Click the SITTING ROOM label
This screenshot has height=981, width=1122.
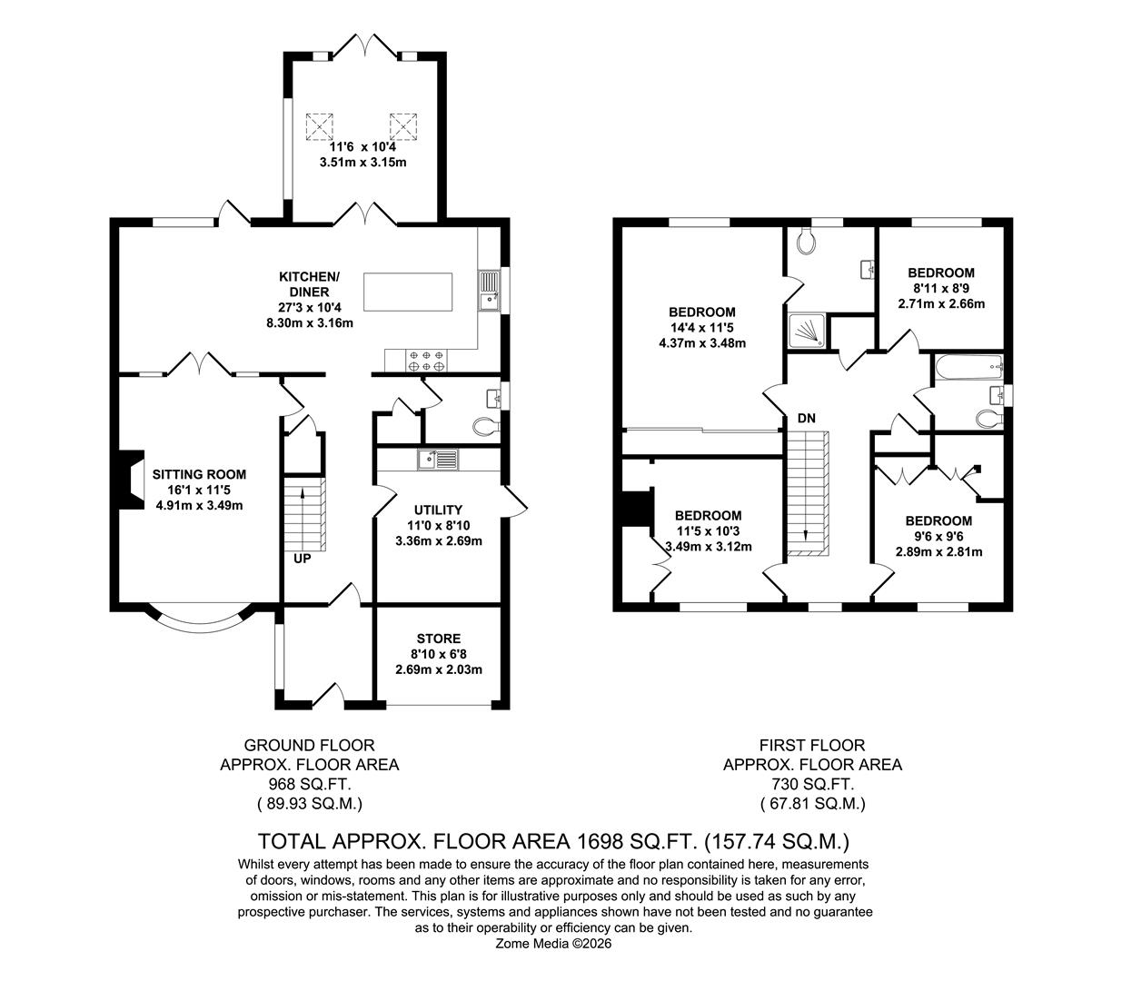tap(199, 474)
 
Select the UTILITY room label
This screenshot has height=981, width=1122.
tap(438, 510)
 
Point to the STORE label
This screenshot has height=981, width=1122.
tap(438, 638)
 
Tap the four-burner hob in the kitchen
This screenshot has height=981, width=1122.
tap(426, 361)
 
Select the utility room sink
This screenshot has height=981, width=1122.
tap(439, 460)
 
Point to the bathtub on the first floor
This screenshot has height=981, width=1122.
tap(967, 368)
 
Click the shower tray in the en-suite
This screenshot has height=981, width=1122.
tap(808, 332)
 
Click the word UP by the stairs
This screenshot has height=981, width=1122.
tap(302, 559)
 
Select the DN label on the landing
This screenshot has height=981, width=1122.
tap(806, 419)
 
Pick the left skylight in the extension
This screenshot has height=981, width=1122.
tap(320, 124)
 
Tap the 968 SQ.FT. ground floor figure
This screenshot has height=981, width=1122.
tap(309, 784)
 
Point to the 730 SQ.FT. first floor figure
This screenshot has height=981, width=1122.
tap(812, 784)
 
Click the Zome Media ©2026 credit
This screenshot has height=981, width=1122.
tap(553, 944)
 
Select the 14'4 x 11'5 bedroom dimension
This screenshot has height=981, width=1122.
tap(701, 328)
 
